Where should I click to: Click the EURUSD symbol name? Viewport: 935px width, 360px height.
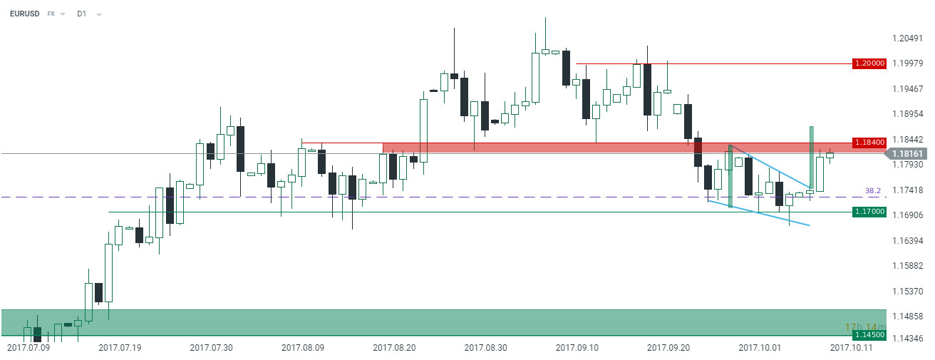(25, 14)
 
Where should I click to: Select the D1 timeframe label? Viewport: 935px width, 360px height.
(82, 14)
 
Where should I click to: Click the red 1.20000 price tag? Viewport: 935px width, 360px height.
(869, 63)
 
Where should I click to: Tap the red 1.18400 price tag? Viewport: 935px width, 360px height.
(869, 142)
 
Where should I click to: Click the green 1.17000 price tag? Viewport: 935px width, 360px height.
(869, 212)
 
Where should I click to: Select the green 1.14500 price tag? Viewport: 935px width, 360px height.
(869, 335)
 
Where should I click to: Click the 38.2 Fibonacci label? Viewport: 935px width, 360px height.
(874, 191)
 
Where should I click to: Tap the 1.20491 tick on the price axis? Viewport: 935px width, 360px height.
(907, 38)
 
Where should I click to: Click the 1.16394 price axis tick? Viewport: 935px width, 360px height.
(907, 241)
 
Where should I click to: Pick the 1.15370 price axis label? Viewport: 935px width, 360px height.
(907, 292)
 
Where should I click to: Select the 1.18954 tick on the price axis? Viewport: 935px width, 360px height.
(907, 114)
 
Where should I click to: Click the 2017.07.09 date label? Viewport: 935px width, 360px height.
(29, 348)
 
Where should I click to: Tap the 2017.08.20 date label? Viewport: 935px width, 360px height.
(394, 348)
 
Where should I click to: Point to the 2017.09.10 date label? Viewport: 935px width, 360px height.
(577, 348)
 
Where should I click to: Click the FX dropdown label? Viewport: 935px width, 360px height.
(52, 14)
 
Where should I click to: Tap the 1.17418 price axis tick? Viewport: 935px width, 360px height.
(907, 190)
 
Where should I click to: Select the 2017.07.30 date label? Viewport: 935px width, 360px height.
(211, 348)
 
